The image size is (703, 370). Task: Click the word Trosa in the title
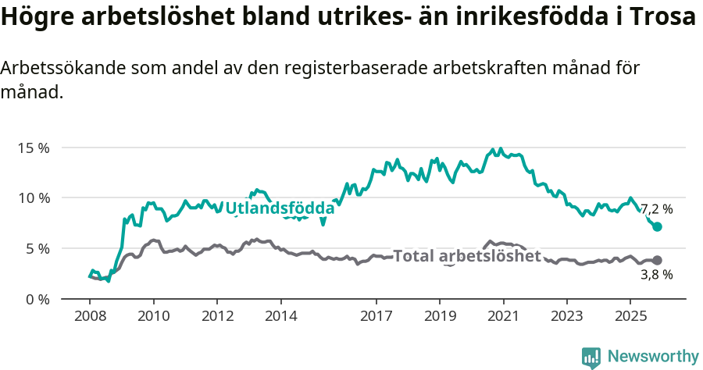click(x=662, y=18)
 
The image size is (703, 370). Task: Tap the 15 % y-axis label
click(x=33, y=148)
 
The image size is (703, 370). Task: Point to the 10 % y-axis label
click(x=33, y=198)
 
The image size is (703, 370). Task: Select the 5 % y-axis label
click(x=37, y=249)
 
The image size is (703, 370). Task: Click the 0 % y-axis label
click(x=37, y=300)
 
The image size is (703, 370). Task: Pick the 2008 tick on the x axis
click(x=89, y=316)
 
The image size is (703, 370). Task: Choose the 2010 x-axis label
click(x=153, y=316)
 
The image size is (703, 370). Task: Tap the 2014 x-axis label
click(x=280, y=316)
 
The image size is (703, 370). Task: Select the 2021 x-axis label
click(x=503, y=316)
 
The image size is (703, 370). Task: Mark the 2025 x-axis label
click(x=630, y=316)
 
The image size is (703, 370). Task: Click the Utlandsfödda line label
click(x=280, y=208)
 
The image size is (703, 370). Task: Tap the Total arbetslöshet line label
click(x=466, y=256)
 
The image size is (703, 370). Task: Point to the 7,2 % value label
click(x=656, y=209)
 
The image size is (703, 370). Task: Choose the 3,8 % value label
click(x=656, y=275)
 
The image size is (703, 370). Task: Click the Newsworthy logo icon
click(x=591, y=358)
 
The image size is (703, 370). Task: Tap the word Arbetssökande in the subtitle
click(x=55, y=68)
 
